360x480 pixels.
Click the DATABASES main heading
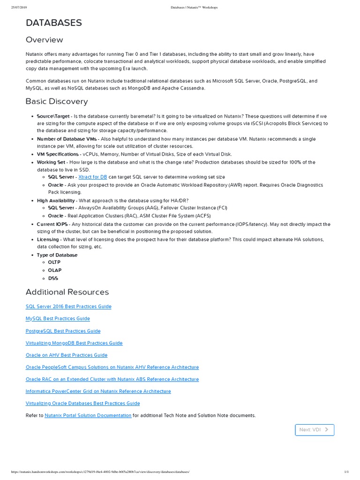click(54, 22)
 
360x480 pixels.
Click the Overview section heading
click(44, 40)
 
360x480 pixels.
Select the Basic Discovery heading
click(56, 101)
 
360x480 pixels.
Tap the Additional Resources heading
click(67, 292)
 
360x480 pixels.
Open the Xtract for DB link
click(93, 177)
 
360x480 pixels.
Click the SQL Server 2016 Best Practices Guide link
click(68, 307)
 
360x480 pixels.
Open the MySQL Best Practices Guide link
click(58, 319)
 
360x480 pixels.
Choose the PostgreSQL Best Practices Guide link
click(63, 331)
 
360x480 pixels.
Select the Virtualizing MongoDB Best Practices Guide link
click(74, 343)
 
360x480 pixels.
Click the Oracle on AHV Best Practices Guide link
click(67, 355)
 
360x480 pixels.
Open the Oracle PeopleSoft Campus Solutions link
click(112, 367)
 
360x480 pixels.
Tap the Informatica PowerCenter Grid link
click(98, 391)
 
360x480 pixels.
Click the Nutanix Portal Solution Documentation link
click(88, 415)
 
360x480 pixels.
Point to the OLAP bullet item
click(54, 270)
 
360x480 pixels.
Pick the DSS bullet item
click(53, 278)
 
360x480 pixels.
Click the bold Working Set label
click(51, 162)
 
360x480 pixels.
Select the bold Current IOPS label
click(52, 225)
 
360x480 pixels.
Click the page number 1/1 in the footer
click(346, 472)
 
